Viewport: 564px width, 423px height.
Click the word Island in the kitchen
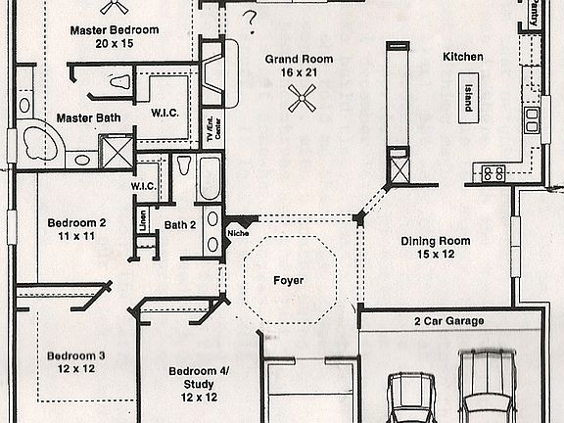467,96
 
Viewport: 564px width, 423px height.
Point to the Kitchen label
462,57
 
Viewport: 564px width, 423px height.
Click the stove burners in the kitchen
492,173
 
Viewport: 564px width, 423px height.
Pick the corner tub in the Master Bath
39,143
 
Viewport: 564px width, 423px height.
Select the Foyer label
288,281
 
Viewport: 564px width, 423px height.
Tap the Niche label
237,233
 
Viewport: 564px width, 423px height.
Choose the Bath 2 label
180,225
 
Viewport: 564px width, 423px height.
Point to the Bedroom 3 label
74,354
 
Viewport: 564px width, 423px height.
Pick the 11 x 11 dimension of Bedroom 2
76,237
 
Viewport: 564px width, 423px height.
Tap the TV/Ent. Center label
209,126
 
